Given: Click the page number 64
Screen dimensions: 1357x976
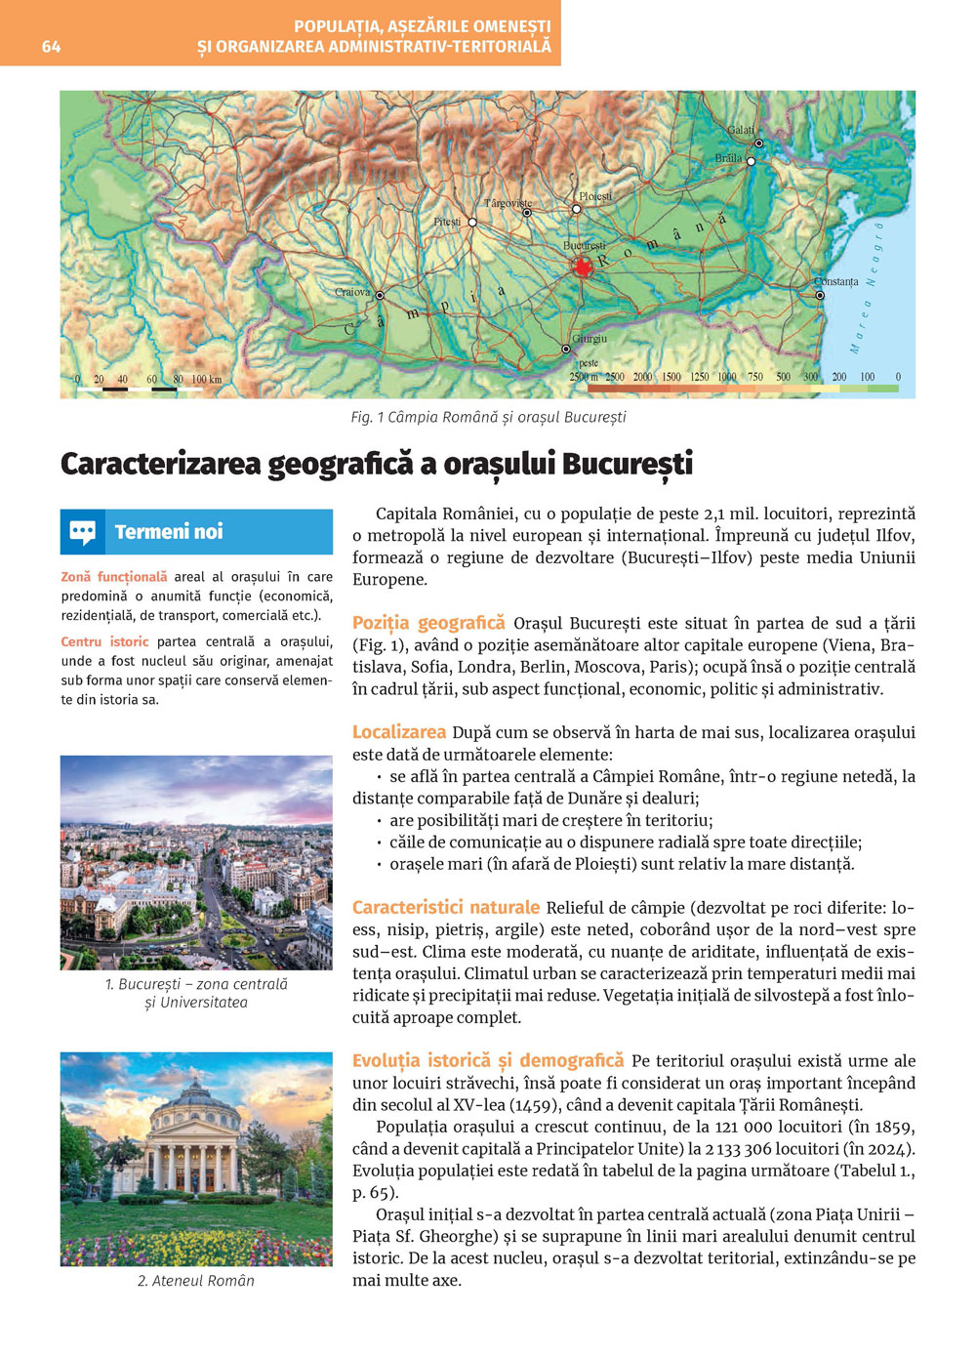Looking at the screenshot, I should (51, 47).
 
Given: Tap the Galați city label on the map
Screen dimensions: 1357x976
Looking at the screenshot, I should (741, 130).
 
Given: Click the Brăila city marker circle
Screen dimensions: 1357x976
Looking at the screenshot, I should (751, 162).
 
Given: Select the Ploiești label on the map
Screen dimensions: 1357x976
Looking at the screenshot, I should (595, 196).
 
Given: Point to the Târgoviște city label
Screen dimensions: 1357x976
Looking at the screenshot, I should (508, 203).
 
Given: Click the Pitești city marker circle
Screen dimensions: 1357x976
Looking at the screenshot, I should (472, 223).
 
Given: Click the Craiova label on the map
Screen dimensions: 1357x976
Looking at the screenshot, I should (352, 292).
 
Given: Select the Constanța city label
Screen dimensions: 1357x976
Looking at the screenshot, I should (836, 281).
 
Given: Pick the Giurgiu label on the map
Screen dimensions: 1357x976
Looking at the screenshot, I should (590, 339).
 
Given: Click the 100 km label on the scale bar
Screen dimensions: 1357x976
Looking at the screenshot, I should (206, 379).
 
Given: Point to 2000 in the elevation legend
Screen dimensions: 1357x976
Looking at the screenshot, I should (642, 377).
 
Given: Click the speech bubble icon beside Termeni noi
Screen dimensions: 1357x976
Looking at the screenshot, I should (83, 532).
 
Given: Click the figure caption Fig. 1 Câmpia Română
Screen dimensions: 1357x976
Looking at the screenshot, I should (488, 417).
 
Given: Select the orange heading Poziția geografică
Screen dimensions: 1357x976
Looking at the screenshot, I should (428, 623).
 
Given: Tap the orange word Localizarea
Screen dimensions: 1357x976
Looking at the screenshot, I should (398, 732).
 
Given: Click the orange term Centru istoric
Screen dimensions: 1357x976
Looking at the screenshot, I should (104, 641).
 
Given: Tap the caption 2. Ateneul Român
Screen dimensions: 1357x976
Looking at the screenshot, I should (196, 1281).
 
